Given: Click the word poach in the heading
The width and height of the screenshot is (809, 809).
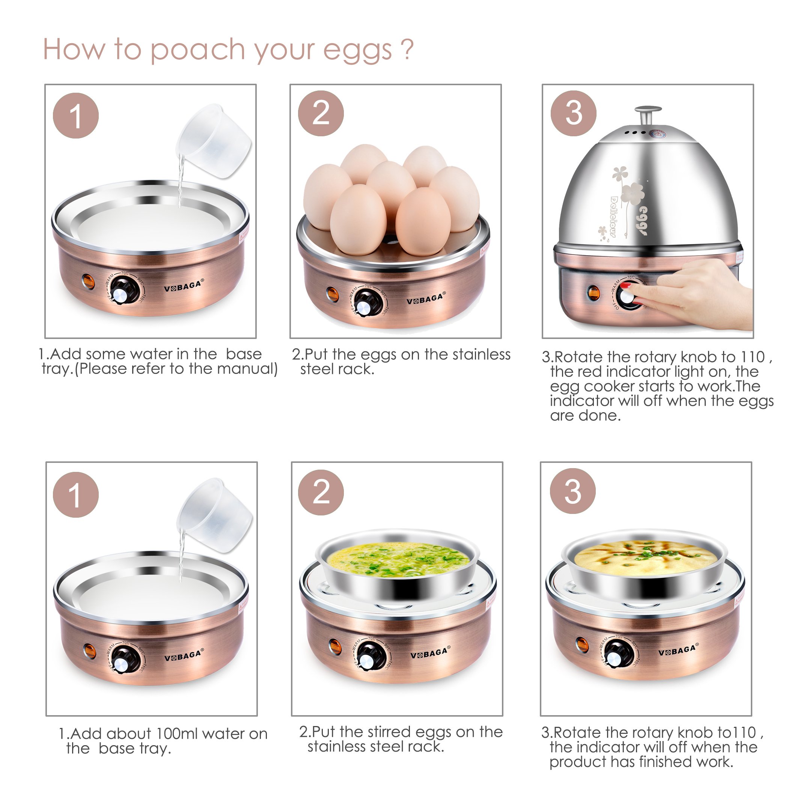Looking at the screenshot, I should point(197,50).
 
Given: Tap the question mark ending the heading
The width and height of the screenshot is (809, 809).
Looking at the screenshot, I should point(407,49).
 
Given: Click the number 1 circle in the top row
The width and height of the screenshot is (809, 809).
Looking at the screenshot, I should point(76,116).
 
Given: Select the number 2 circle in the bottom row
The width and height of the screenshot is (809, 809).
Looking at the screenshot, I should point(321,493).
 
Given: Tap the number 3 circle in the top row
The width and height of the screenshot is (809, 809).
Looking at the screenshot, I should point(573,113).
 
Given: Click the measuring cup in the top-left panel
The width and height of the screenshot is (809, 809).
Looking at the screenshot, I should point(214,140).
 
